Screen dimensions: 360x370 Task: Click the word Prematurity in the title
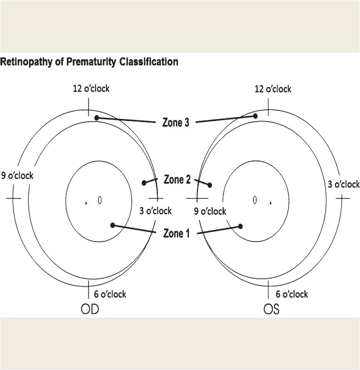point(91,62)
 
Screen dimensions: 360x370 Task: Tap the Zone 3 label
point(176,122)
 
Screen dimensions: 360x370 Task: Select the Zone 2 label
point(177,179)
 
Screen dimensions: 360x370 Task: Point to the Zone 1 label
point(176,233)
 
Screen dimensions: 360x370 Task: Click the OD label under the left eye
point(90,309)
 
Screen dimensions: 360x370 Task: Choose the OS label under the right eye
point(271,309)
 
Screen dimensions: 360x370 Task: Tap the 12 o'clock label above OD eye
point(91,89)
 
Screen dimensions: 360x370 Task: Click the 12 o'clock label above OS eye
point(273,89)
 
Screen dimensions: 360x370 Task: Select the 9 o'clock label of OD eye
point(17,176)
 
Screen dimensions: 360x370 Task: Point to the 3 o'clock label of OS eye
point(344,184)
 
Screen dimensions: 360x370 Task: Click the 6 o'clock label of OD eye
point(110,294)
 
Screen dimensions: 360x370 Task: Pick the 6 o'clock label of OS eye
point(292,294)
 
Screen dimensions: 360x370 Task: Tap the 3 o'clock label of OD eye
point(155,211)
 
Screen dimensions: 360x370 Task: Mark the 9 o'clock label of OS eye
point(210,211)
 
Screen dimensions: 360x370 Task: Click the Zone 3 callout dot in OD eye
point(97,118)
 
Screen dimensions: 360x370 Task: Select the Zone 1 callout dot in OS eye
point(240,226)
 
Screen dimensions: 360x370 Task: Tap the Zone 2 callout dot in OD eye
point(144,183)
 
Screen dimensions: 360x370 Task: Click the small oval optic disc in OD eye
point(100,200)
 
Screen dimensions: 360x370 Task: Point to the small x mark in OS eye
point(270,203)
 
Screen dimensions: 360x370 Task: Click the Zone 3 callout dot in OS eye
point(255,116)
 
